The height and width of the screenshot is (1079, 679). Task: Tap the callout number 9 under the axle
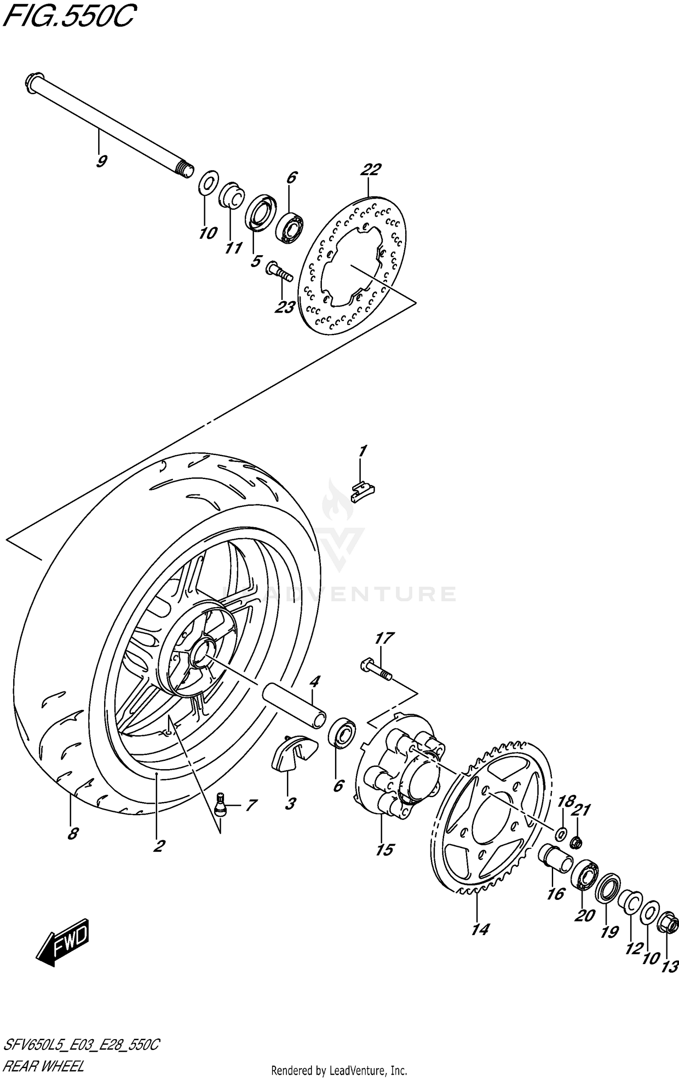pyautogui.click(x=101, y=161)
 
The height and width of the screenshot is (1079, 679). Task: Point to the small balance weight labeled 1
pyautogui.click(x=363, y=491)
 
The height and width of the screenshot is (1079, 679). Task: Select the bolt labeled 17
pyautogui.click(x=376, y=670)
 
